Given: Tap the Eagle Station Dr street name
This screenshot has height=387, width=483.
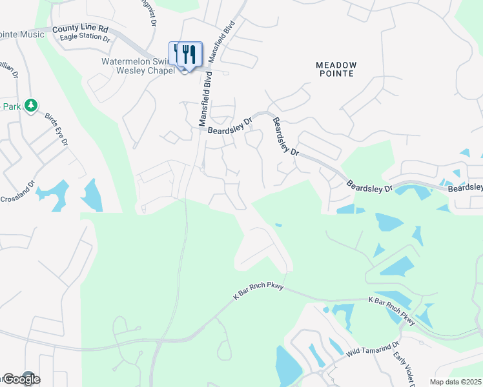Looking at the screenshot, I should pyautogui.click(x=85, y=38).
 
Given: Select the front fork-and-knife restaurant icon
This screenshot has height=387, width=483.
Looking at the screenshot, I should pyautogui.click(x=189, y=54).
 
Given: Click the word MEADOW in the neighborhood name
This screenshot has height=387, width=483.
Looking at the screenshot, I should pyautogui.click(x=336, y=64).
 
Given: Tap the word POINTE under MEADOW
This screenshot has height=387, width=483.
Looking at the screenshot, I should pyautogui.click(x=336, y=74).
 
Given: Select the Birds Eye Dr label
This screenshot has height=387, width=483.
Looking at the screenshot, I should pyautogui.click(x=56, y=130).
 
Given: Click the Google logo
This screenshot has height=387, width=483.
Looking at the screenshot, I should pyautogui.click(x=21, y=379).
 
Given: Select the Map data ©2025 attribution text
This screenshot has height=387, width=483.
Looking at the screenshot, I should pyautogui.click(x=455, y=382).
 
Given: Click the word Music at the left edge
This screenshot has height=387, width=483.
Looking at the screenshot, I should pyautogui.click(x=31, y=34).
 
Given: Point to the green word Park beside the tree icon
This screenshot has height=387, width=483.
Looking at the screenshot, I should pyautogui.click(x=10, y=106).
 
